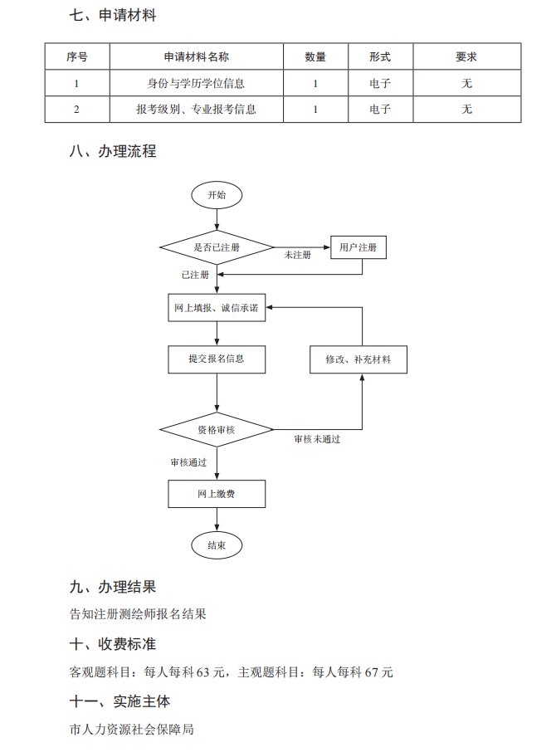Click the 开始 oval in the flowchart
[x=217, y=195]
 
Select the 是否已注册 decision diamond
[x=217, y=247]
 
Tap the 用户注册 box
[x=358, y=247]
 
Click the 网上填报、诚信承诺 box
[x=217, y=308]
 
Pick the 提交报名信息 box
[x=217, y=359]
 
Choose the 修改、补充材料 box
[x=358, y=359]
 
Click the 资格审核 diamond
[x=217, y=430]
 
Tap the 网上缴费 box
[x=217, y=495]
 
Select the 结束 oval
[x=217, y=545]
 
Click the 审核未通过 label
[x=317, y=439]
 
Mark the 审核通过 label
[x=188, y=462]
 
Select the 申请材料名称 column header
[x=196, y=57]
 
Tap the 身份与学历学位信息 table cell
[x=196, y=84]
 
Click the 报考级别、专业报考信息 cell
[x=196, y=110]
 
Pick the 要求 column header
[x=466, y=57]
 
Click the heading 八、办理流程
[x=113, y=152]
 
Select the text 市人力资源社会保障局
[x=132, y=730]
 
